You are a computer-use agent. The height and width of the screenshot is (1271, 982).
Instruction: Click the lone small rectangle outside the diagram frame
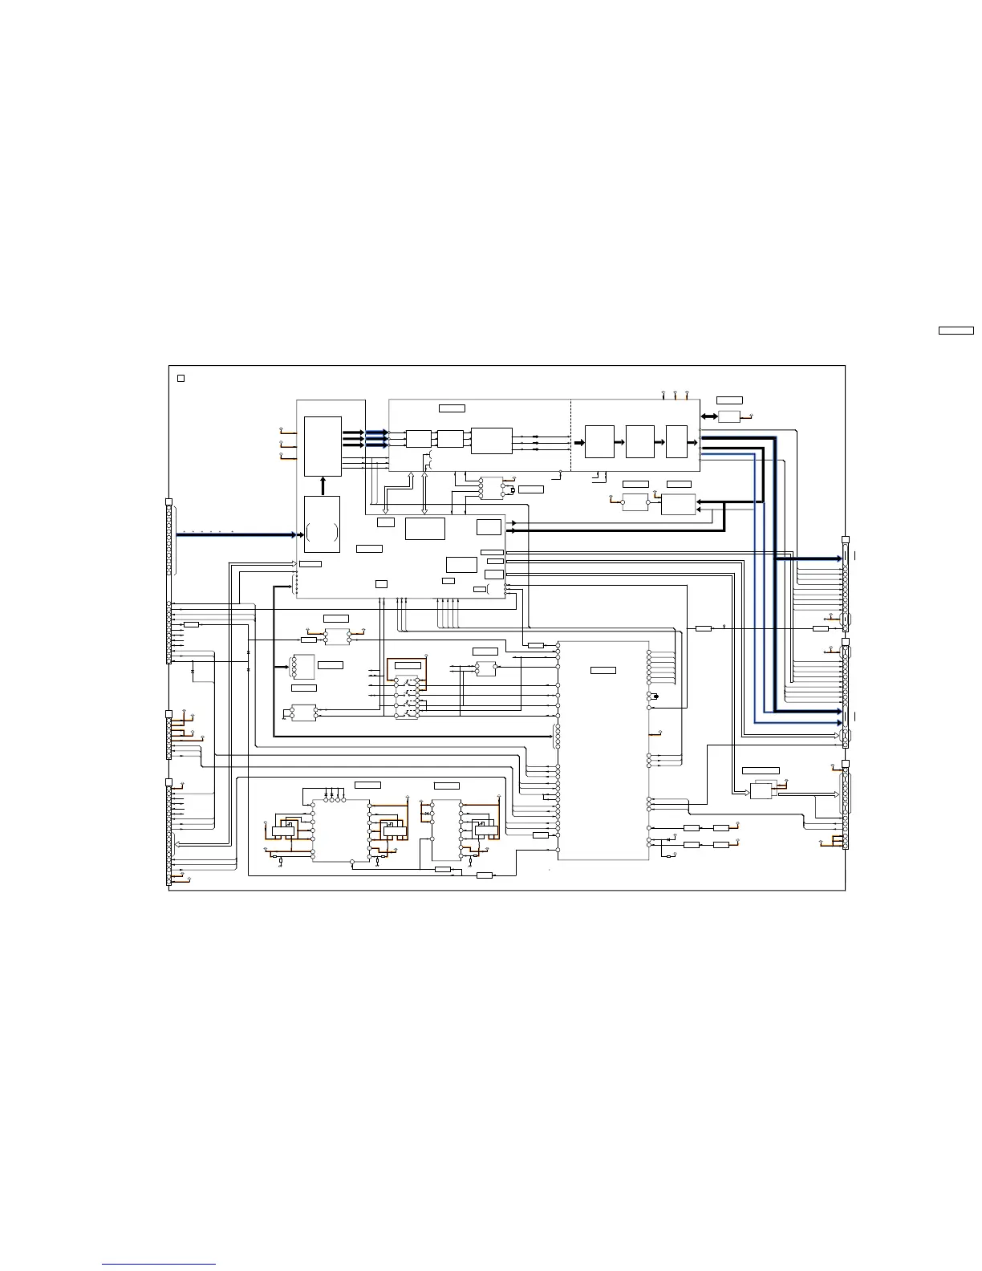[956, 330]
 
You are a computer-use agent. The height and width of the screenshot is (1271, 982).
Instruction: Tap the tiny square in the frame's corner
[181, 377]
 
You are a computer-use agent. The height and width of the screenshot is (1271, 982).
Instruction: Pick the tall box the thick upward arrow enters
[323, 446]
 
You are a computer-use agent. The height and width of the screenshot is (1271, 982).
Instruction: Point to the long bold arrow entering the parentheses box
[237, 534]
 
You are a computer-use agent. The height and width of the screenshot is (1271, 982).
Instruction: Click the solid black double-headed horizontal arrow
[708, 416]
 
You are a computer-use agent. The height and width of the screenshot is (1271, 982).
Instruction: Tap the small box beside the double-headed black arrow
[728, 416]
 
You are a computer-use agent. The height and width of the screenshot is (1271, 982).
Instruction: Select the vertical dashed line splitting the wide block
[570, 435]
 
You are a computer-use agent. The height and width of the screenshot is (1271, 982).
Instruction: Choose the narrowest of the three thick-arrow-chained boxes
[676, 442]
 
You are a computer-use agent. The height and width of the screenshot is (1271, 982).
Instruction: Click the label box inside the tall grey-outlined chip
[603, 670]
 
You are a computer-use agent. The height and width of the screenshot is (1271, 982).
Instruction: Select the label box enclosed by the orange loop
[408, 666]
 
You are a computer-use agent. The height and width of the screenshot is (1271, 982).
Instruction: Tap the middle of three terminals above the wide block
[675, 394]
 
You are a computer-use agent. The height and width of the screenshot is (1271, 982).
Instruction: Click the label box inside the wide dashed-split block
[452, 408]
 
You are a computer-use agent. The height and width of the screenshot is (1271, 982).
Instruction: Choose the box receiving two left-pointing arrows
[679, 505]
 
